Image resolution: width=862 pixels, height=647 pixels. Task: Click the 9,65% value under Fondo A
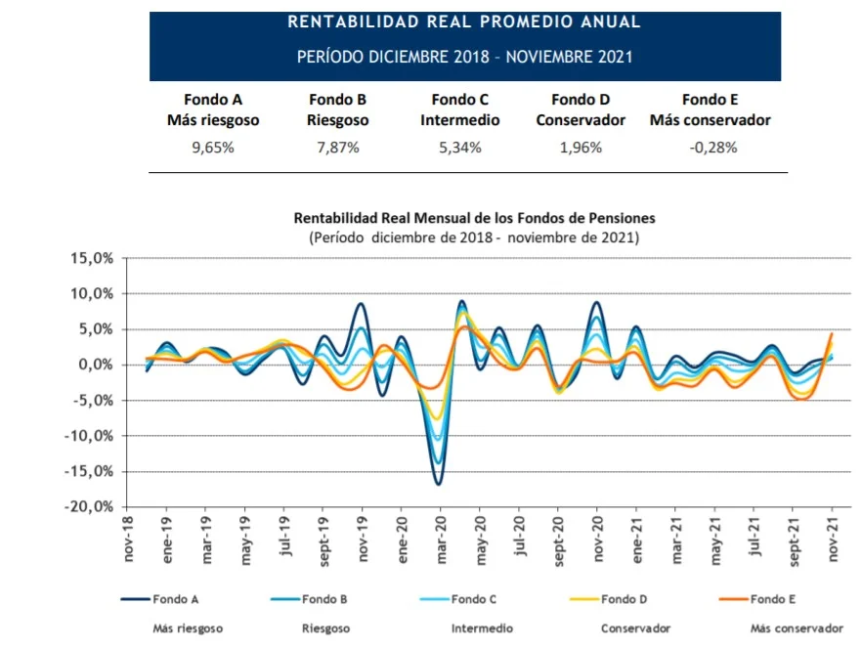213,149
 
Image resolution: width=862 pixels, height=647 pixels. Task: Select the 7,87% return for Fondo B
338,149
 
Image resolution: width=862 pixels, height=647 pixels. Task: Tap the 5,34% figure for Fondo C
460,149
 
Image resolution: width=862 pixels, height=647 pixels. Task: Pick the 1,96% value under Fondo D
582,149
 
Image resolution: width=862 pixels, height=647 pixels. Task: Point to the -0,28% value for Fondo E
711,149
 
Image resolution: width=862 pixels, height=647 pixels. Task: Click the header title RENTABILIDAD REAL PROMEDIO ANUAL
465,22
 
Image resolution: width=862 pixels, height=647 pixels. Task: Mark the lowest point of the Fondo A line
440,484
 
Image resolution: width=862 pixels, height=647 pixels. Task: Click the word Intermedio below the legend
476,628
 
